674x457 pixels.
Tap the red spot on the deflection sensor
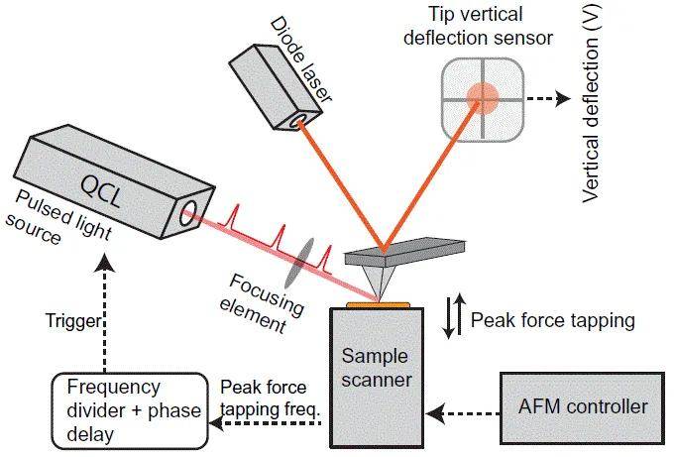coord(484,96)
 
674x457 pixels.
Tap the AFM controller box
coord(582,406)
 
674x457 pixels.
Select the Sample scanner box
coord(376,377)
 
